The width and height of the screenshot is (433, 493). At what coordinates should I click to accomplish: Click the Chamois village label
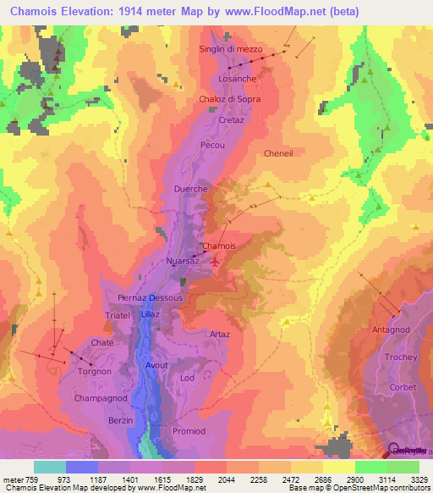[219, 246]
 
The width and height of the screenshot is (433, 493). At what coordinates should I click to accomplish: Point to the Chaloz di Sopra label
[230, 99]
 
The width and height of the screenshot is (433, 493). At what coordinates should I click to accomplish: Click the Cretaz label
[231, 121]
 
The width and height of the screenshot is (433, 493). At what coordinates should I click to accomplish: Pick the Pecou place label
[211, 145]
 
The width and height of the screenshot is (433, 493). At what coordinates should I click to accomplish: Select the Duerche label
[190, 189]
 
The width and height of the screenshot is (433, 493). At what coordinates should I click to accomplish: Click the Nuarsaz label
[183, 260]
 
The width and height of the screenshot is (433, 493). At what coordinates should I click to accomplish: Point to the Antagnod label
[390, 330]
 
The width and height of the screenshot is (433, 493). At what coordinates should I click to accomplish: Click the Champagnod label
[100, 397]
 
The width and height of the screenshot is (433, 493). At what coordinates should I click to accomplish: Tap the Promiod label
[189, 431]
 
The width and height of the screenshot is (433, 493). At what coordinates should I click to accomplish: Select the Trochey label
[401, 357]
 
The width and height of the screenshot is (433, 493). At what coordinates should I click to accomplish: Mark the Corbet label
[403, 387]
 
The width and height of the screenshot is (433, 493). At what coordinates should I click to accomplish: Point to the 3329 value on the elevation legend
[419, 479]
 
